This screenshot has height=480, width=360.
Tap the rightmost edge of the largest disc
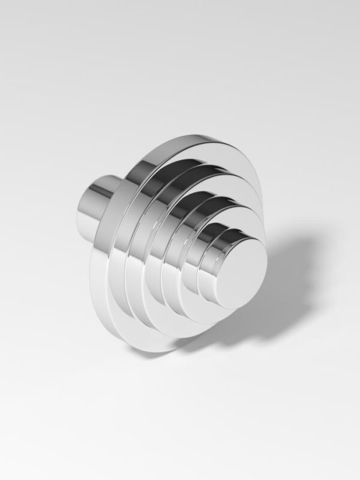[262, 198]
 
